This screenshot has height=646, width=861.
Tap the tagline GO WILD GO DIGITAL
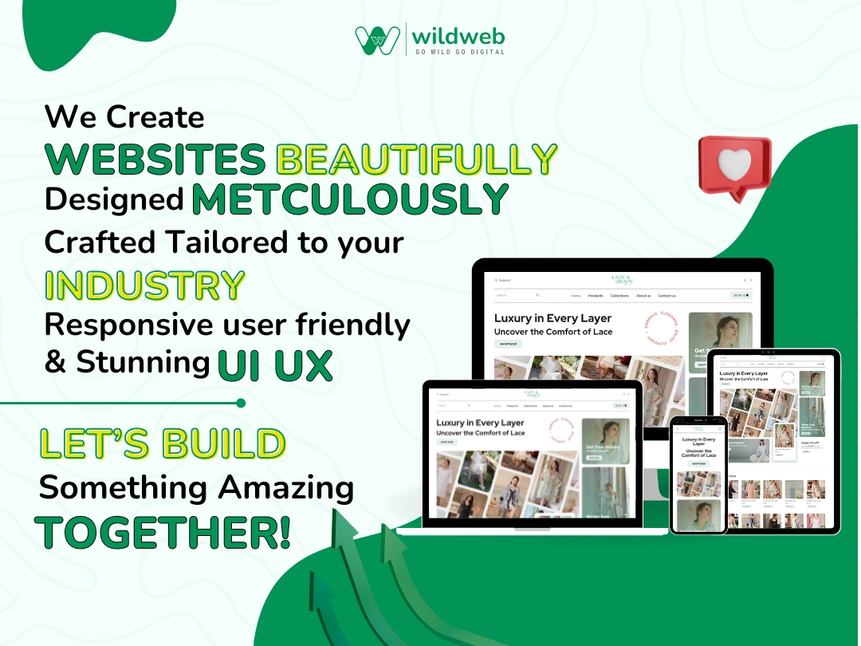coord(459,51)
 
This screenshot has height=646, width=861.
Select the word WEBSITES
coord(156,160)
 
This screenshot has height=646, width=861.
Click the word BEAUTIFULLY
coord(416,160)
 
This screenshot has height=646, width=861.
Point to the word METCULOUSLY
coord(351,199)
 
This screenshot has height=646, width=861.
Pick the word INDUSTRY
coord(144,285)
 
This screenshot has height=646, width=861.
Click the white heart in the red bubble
coord(734,163)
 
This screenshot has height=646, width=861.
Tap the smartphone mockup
coord(698,475)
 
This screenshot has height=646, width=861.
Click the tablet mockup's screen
coord(772,442)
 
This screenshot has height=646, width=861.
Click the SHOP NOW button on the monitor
coord(508,344)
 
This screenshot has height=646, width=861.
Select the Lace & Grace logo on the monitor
coord(622,280)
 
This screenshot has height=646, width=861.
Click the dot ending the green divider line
coord(241,404)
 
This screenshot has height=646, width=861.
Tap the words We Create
coord(124,117)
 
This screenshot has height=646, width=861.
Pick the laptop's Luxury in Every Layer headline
coord(480,423)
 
